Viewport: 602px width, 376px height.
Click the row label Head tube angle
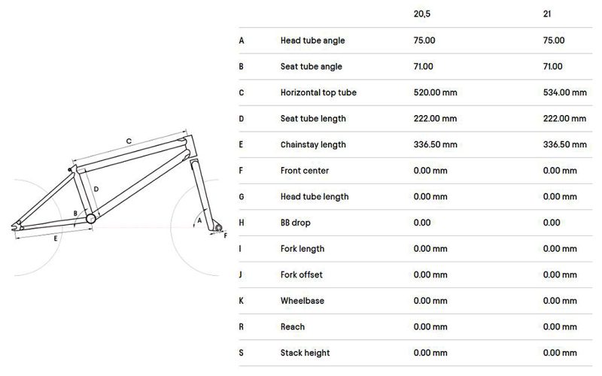(312, 41)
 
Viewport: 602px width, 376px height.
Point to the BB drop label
(297, 223)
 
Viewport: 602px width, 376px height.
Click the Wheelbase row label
(302, 301)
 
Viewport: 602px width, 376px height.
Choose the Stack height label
(305, 353)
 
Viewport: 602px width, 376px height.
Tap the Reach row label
(293, 327)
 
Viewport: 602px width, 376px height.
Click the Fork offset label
(303, 274)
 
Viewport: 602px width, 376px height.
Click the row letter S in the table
(241, 353)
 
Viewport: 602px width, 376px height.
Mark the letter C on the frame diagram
(129, 141)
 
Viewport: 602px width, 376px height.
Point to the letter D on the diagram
(96, 190)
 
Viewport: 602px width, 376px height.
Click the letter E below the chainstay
(55, 238)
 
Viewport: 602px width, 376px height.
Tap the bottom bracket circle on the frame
(91, 218)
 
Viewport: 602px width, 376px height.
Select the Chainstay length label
(313, 144)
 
